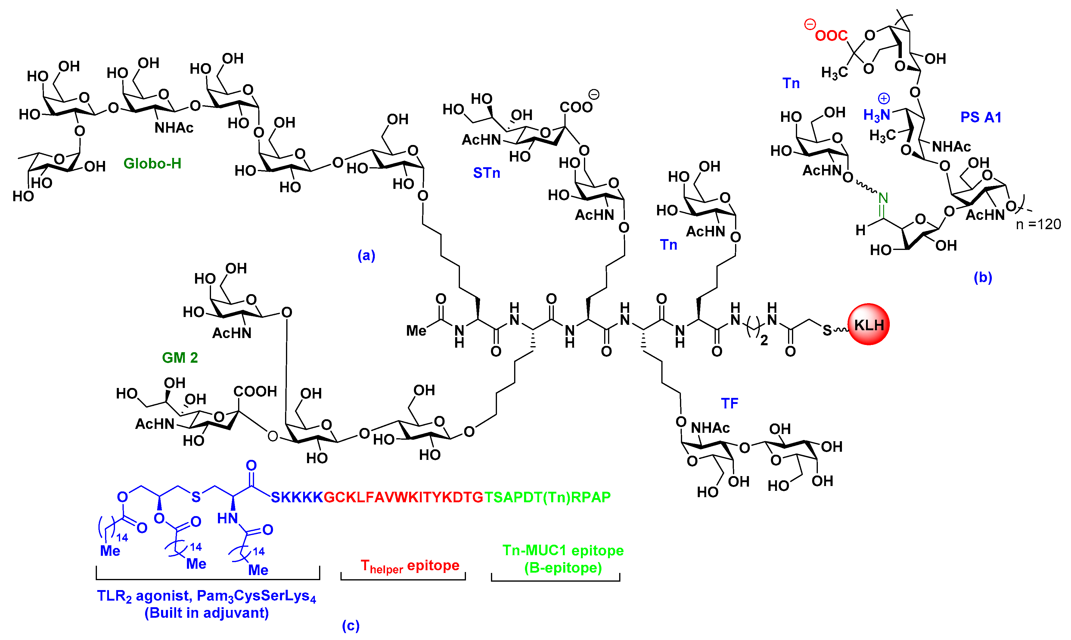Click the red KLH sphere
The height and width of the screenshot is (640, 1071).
coord(868,324)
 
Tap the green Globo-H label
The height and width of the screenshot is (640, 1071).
coord(152,163)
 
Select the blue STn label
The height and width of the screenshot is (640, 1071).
coord(486,173)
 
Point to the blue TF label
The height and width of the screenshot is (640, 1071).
coord(729,403)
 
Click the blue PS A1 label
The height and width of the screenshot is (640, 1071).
coord(980,117)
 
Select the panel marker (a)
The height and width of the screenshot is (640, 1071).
coord(366,255)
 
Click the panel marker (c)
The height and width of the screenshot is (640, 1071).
coord(350,625)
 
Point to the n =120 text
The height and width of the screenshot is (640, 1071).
coord(1038,224)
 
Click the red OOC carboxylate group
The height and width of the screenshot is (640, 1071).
coord(831,35)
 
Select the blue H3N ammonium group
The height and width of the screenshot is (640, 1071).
coord(876,114)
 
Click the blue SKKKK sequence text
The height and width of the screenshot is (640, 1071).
coord(296,497)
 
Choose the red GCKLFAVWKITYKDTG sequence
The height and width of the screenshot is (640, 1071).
coord(403,497)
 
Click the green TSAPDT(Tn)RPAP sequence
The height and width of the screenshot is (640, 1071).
coord(547,497)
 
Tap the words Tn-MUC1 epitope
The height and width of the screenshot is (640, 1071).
coord(563,550)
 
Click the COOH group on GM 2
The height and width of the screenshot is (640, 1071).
coord(255,391)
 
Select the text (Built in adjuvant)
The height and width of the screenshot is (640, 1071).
coord(206,613)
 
